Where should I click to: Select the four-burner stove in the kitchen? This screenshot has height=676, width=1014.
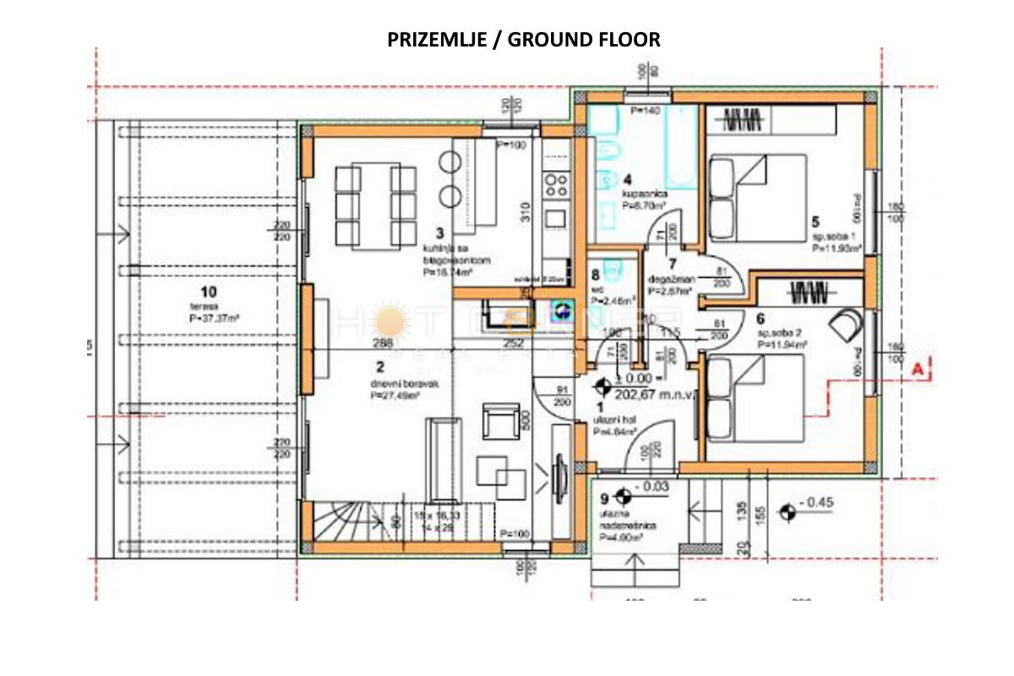[x=556, y=183]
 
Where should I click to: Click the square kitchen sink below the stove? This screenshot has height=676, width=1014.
[x=555, y=218]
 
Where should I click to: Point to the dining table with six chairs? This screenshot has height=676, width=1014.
[x=376, y=206]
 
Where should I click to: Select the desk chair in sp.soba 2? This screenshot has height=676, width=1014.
[x=848, y=323]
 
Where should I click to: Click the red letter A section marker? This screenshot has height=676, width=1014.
[x=919, y=368]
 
